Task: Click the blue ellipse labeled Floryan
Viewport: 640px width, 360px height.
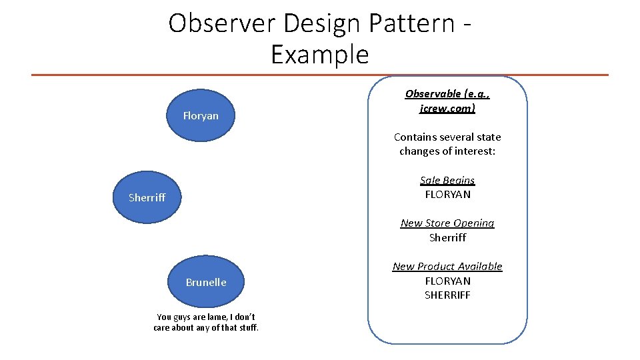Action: click(201, 116)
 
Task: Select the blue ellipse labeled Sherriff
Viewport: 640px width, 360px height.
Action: click(147, 197)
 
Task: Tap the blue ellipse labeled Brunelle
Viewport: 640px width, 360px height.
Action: click(206, 282)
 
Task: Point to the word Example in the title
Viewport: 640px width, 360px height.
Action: click(319, 54)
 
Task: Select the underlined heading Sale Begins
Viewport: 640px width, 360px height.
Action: click(447, 180)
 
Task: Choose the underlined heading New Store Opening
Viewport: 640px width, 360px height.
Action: click(447, 223)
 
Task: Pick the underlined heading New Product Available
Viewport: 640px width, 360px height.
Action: click(447, 266)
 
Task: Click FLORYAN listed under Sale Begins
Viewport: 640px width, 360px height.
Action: click(447, 195)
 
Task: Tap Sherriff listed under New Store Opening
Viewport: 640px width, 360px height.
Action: click(447, 237)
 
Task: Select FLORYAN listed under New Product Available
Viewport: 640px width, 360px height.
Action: click(447, 281)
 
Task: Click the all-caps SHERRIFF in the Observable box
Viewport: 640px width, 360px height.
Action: click(447, 295)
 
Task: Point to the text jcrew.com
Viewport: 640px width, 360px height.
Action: click(447, 108)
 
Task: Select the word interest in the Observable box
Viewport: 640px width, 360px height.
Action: click(474, 151)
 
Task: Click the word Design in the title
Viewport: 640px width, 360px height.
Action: click(317, 23)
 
